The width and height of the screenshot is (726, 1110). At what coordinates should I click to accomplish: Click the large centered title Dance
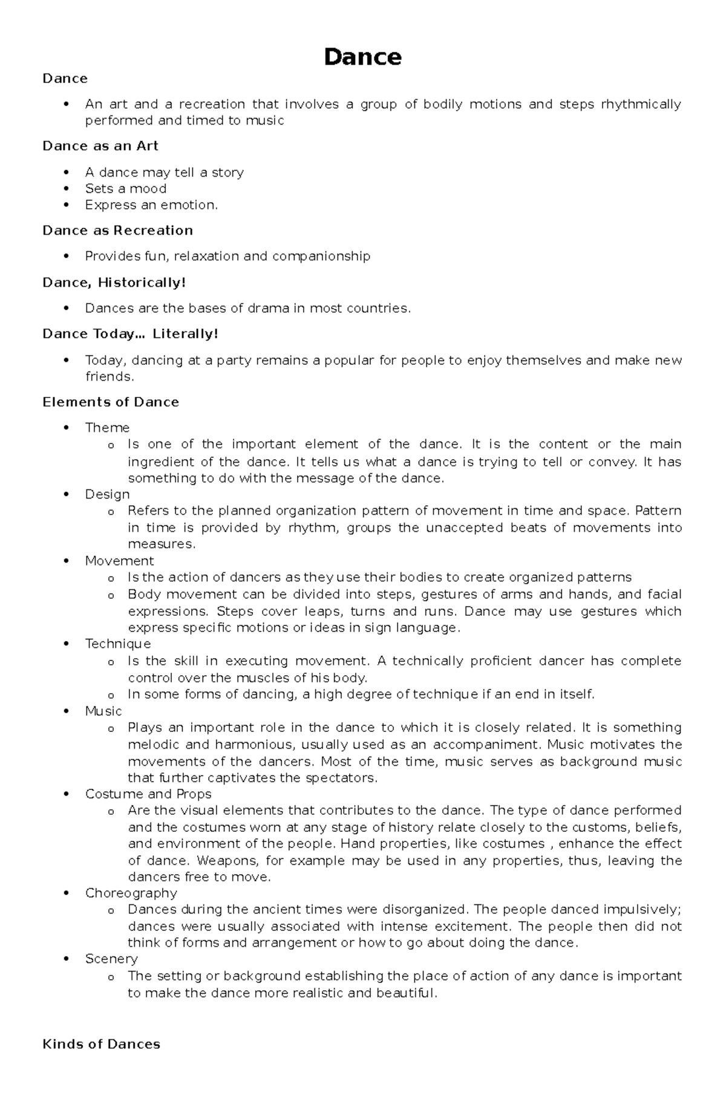pyautogui.click(x=362, y=57)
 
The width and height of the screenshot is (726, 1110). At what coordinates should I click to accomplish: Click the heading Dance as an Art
pyautogui.click(x=100, y=146)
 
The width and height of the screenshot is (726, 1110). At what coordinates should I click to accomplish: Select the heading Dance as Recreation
pyautogui.click(x=117, y=230)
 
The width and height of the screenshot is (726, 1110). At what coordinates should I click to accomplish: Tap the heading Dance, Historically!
pyautogui.click(x=114, y=282)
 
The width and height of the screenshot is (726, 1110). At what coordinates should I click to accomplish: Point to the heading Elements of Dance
pyautogui.click(x=111, y=402)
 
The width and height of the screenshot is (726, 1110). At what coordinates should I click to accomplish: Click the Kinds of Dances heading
pyautogui.click(x=101, y=1044)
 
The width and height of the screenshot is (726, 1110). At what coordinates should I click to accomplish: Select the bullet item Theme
pyautogui.click(x=107, y=428)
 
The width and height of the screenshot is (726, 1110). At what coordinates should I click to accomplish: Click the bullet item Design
pyautogui.click(x=107, y=494)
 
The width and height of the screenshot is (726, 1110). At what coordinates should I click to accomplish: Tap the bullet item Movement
pyautogui.click(x=119, y=561)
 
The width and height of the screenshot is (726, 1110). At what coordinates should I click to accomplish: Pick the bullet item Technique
pyautogui.click(x=117, y=644)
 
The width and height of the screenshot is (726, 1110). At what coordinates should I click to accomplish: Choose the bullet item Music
pyautogui.click(x=103, y=711)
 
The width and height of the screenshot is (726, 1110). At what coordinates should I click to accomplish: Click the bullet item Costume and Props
pyautogui.click(x=148, y=794)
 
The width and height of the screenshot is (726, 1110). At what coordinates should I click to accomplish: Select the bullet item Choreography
pyautogui.click(x=131, y=893)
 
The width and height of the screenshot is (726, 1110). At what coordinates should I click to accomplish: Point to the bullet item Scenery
pyautogui.click(x=111, y=959)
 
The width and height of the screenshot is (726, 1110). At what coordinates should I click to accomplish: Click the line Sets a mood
pyautogui.click(x=126, y=189)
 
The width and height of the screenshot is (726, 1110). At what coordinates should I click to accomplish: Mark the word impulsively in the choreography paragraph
pyautogui.click(x=641, y=910)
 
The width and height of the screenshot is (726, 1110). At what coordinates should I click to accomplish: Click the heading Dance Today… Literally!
pyautogui.click(x=130, y=334)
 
